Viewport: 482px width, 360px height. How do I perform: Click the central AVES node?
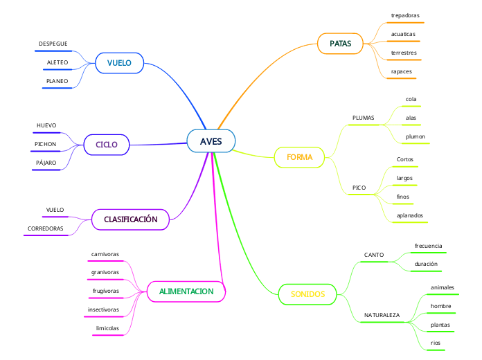[211, 141]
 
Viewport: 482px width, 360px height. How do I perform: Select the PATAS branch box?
[340, 44]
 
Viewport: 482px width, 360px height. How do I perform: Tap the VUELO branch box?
[119, 63]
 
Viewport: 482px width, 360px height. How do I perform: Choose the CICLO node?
[106, 145]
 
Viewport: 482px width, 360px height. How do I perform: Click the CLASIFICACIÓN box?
[131, 219]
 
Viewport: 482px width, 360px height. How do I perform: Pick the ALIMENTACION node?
[186, 291]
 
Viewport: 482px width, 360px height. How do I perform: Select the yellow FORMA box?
[300, 157]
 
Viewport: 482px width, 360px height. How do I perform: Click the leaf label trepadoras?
[405, 15]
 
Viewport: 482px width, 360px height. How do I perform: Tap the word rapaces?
[402, 71]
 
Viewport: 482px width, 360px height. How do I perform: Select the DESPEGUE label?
[53, 44]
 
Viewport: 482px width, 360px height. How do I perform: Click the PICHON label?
[46, 144]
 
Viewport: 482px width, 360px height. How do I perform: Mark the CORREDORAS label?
[46, 228]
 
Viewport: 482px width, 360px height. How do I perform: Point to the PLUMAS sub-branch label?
[363, 118]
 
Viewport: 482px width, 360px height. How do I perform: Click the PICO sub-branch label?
[359, 188]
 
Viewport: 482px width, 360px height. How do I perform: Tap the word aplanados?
[409, 215]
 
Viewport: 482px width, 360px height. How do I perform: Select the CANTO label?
[374, 255]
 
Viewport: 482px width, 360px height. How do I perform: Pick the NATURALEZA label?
[382, 315]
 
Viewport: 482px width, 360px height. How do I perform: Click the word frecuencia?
[428, 246]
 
